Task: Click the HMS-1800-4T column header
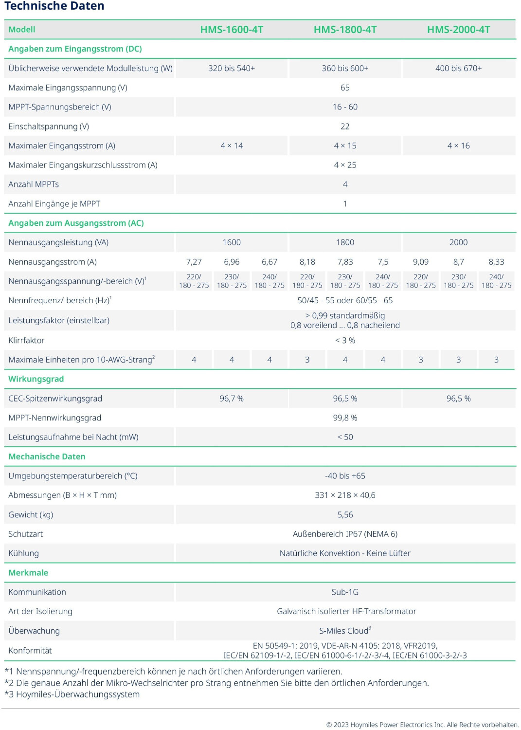[345, 30]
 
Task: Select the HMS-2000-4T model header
[458, 30]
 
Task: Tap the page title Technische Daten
[54, 6]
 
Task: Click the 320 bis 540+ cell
[232, 68]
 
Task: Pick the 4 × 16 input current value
[458, 146]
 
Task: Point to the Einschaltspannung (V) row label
[49, 127]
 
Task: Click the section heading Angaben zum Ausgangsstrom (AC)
[76, 223]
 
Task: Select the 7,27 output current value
[194, 262]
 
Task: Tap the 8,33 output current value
[496, 262]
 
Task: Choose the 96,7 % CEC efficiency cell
[232, 399]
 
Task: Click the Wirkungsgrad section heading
[36, 379]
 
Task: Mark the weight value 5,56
[345, 514]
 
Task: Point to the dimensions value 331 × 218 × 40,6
[345, 495]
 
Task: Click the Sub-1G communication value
[345, 592]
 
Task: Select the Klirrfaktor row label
[26, 340]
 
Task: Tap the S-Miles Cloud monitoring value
[345, 631]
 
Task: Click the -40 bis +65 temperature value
[345, 476]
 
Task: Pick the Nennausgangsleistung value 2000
[458, 242]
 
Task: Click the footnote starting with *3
[72, 694]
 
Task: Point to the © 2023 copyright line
[422, 725]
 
